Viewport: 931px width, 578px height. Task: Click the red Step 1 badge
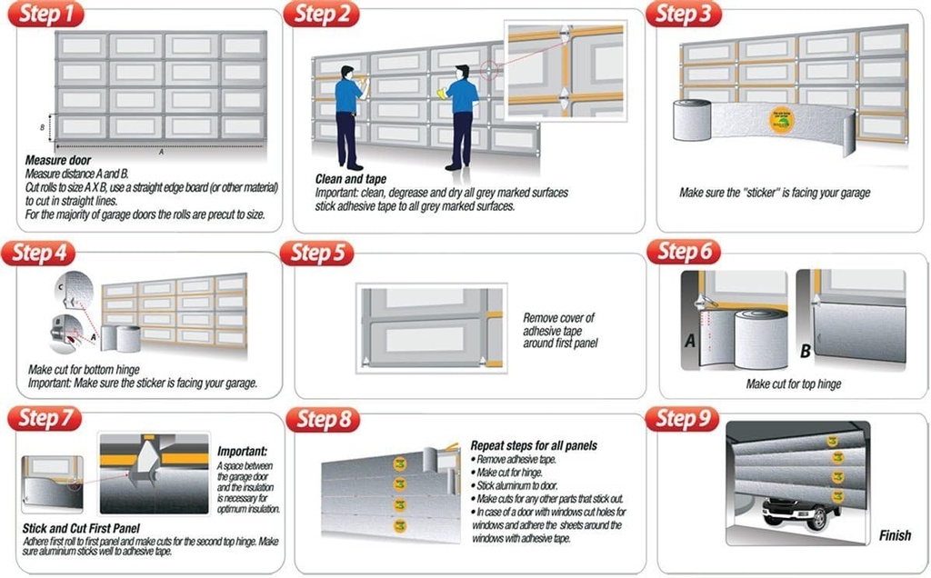click(x=48, y=15)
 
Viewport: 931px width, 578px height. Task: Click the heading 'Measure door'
click(x=55, y=161)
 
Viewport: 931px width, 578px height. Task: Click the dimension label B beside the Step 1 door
click(x=43, y=127)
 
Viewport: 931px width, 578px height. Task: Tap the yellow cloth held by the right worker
click(x=443, y=92)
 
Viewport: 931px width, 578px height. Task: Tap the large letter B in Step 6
click(x=806, y=350)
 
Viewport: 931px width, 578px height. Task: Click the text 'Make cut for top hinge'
click(x=793, y=384)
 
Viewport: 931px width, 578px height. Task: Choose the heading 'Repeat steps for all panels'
click(x=533, y=446)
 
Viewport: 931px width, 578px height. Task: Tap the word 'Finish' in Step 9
click(x=895, y=535)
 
